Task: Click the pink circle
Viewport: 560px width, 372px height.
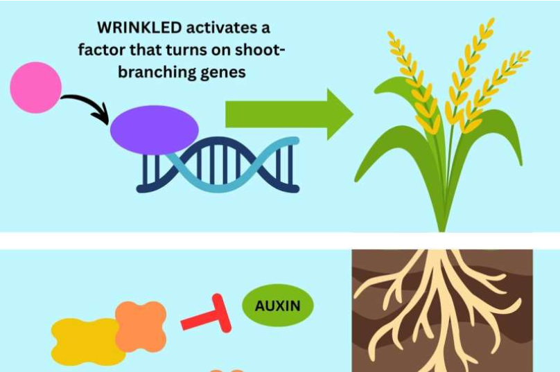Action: coord(35,87)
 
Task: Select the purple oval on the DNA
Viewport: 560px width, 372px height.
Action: coord(154,130)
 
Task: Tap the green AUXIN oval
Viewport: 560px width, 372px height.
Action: coord(278,305)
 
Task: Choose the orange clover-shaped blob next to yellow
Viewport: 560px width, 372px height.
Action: coord(141,325)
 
